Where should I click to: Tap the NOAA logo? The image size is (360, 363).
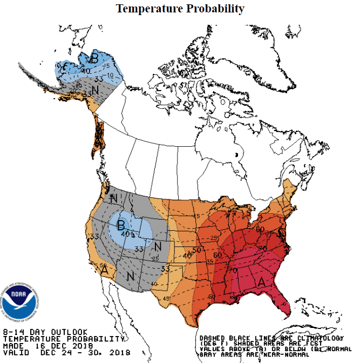(20, 302)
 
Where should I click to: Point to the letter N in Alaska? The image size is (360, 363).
(94, 90)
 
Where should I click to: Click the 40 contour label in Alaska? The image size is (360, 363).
(85, 70)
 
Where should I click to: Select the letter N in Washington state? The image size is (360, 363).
(113, 198)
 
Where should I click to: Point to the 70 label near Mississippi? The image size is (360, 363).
(234, 269)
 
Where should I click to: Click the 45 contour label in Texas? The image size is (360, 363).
(167, 298)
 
